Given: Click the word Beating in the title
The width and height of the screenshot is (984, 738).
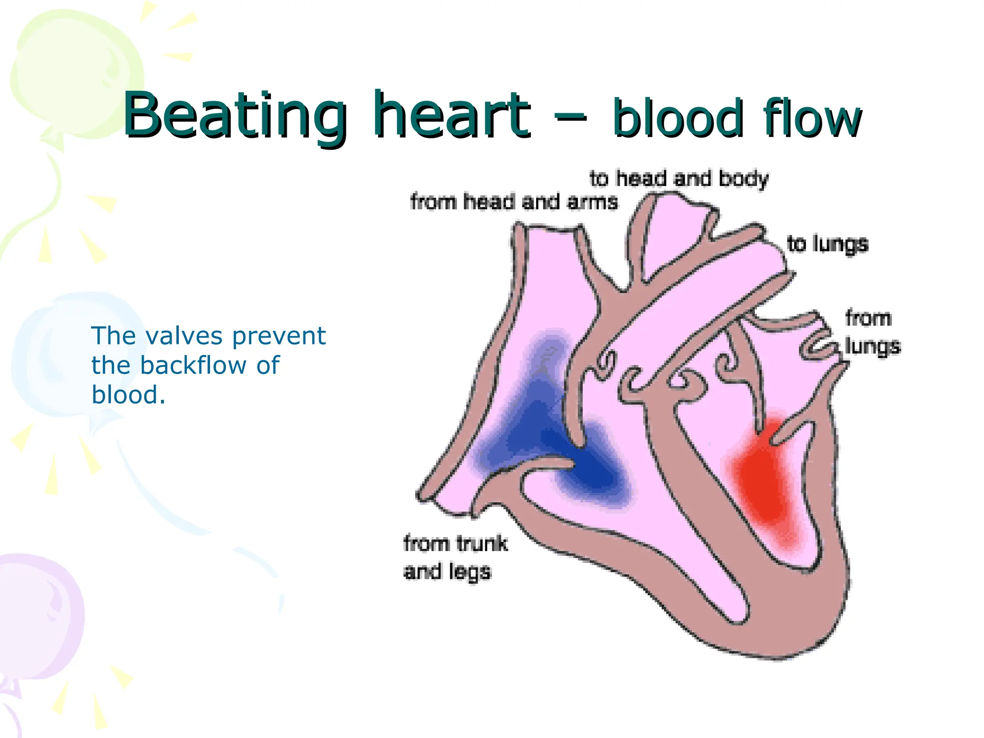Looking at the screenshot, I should coord(235,115).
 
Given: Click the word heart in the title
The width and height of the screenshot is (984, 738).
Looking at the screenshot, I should coord(452,115).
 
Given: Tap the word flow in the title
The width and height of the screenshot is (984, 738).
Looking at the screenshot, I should coord(812,118).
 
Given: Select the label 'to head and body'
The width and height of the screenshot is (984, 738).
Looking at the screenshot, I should coord(679,179).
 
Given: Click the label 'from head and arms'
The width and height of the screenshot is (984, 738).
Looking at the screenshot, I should coord(514,202).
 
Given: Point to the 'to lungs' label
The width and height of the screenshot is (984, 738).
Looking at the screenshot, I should coord(827,244).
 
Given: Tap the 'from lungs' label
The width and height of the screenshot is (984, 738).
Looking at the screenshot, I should coord(872,332).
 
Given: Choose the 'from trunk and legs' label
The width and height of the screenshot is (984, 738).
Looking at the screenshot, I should coord(455,557).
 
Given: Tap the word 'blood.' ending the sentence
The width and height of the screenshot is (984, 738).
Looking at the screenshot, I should coord(128,395).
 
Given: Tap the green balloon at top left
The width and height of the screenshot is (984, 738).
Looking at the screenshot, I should coord(72,72).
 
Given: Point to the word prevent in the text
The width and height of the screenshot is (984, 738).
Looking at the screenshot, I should coord(279,336).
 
